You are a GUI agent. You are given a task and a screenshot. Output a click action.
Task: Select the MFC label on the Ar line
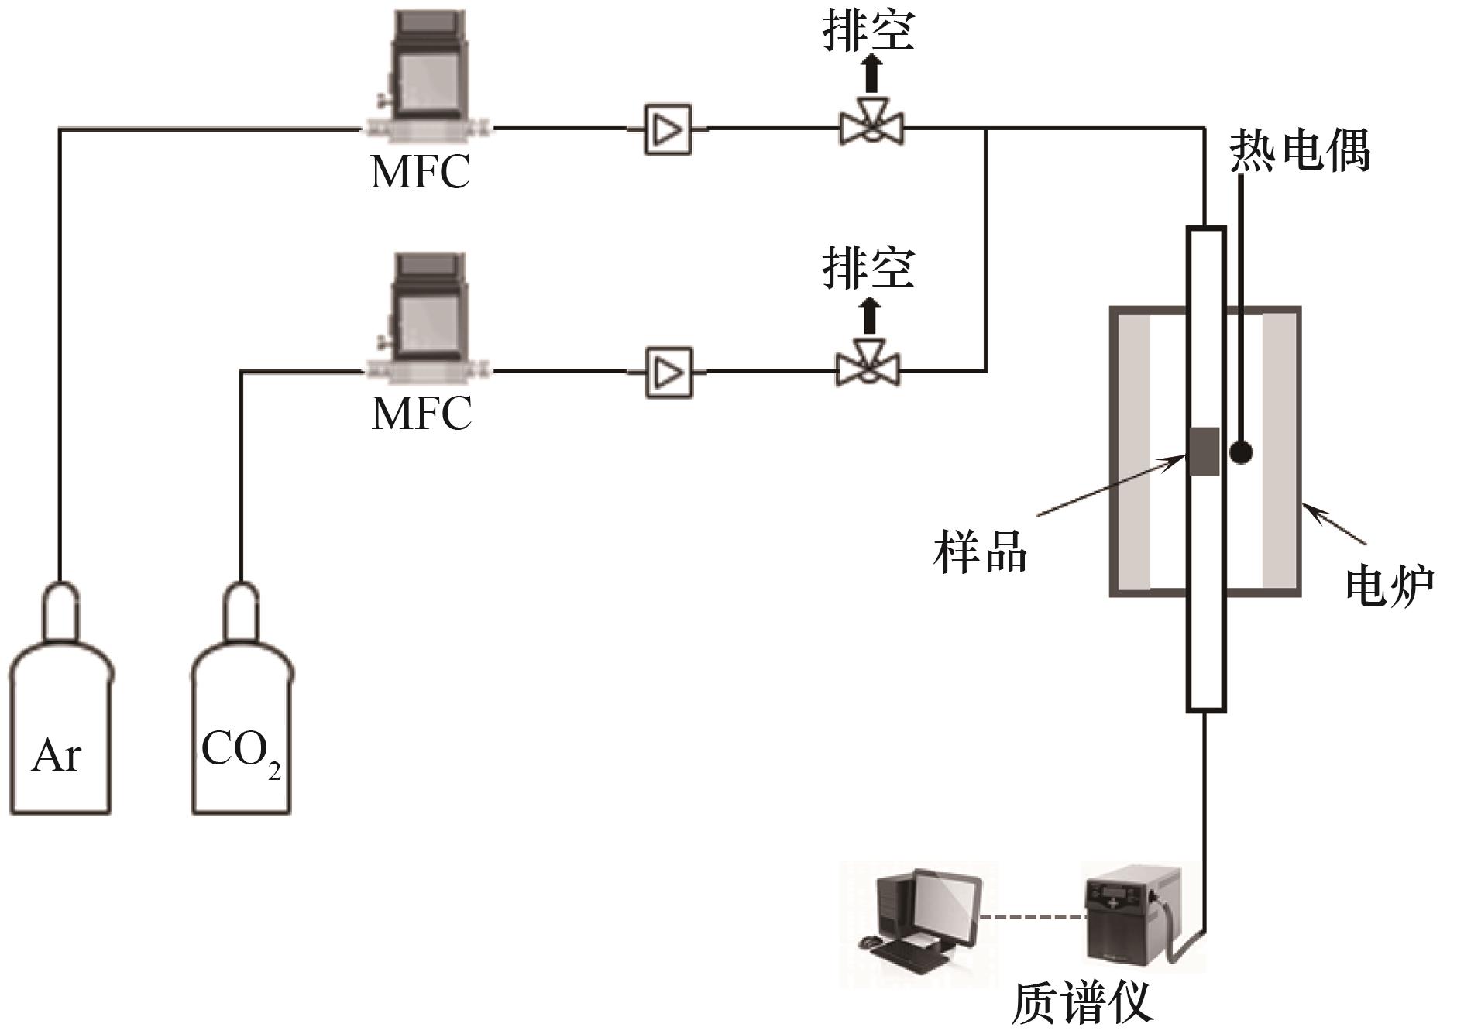pyautogui.click(x=420, y=171)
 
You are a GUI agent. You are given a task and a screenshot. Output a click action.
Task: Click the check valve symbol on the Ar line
pyautogui.click(x=667, y=129)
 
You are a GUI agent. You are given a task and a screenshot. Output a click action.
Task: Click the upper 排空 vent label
pyautogui.click(x=868, y=33)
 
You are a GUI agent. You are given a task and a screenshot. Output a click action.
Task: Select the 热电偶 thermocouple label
pyautogui.click(x=1300, y=149)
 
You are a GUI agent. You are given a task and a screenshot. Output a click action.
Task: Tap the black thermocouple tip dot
pyautogui.click(x=1241, y=452)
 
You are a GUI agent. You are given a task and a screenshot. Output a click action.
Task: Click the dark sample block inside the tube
pyautogui.click(x=1205, y=452)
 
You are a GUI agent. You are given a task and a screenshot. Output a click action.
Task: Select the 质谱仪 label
pyautogui.click(x=1082, y=1005)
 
